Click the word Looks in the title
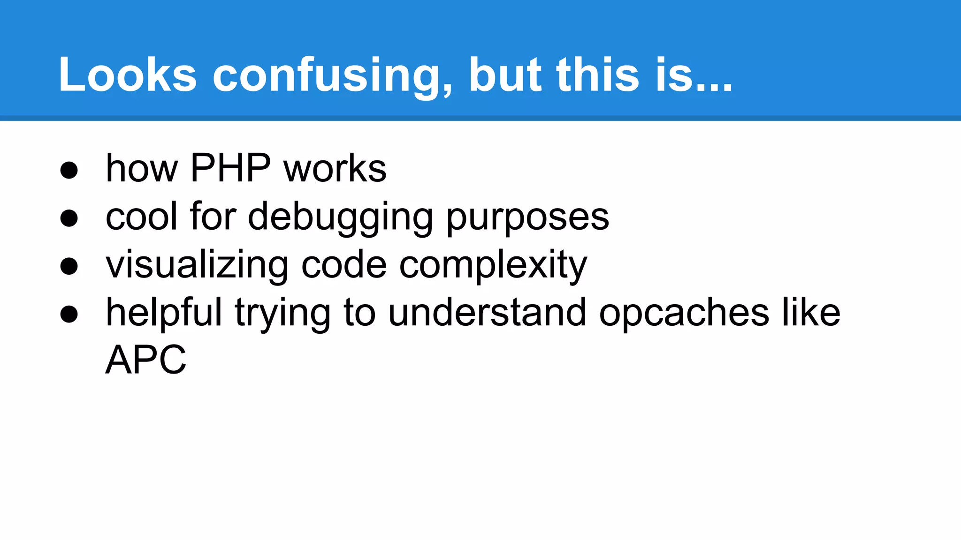(127, 75)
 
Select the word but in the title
(505, 75)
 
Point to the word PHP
(230, 168)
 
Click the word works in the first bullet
(335, 168)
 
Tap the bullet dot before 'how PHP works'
(69, 170)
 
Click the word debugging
(340, 217)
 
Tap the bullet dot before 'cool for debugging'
(69, 218)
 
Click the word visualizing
(197, 265)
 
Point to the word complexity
(493, 265)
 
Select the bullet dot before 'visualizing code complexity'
(69, 266)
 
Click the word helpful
(164, 313)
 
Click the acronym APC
(146, 360)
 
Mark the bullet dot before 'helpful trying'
(69, 314)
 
